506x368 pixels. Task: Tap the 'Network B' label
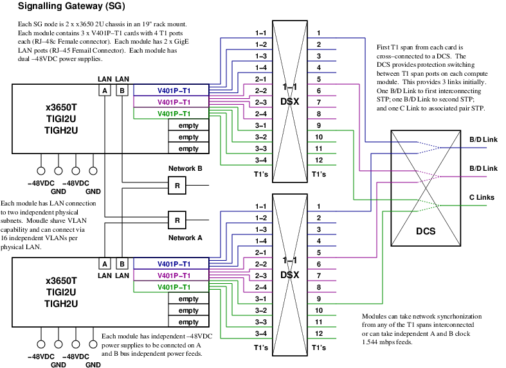tap(185, 169)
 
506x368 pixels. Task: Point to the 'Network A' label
tap(185, 237)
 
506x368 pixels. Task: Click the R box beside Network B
tap(177, 186)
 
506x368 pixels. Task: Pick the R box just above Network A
tap(177, 220)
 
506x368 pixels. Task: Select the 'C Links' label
tap(480, 197)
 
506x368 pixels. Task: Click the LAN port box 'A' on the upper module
tap(104, 91)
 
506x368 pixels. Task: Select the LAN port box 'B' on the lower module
tap(122, 264)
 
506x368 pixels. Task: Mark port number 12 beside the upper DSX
tap(318, 160)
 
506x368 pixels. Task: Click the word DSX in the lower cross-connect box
tap(289, 274)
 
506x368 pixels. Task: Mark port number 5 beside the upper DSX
tap(318, 79)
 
